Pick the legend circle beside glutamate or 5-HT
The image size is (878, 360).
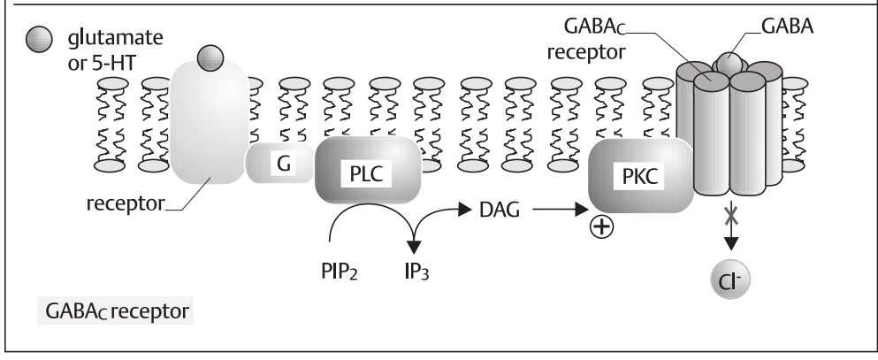point(34,42)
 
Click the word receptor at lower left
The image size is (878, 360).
point(124,206)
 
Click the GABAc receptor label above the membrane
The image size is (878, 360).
point(589,41)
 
